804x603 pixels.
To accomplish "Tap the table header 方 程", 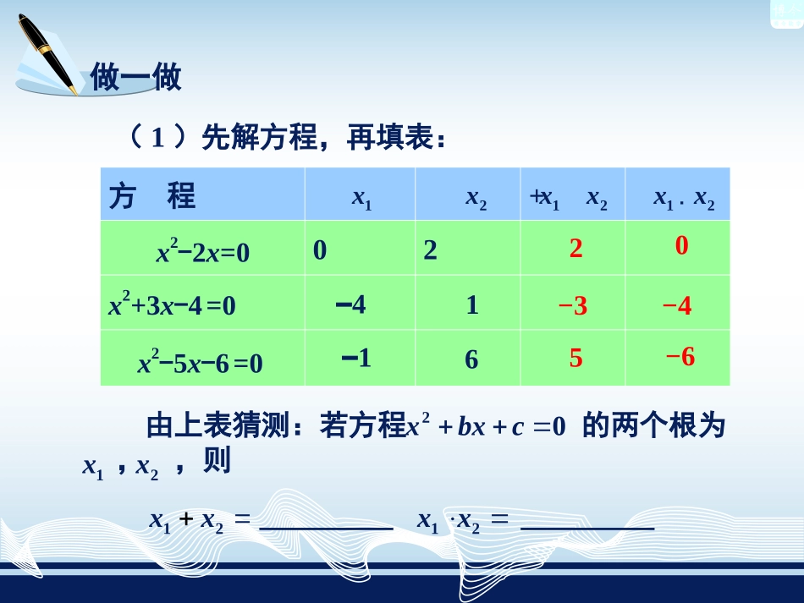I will coord(152,196).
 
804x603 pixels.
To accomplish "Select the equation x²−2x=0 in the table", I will coord(203,252).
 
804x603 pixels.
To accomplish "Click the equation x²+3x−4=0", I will coord(172,305).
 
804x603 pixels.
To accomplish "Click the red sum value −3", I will coord(573,306).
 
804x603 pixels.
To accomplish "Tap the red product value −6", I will coord(680,357).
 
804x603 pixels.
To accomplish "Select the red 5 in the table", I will coord(575,359).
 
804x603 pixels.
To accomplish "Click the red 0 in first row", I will coord(682,246).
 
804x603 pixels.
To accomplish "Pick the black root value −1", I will coord(356,359).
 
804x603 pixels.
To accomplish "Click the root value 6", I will coord(471,360).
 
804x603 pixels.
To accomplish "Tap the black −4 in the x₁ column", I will coord(350,304).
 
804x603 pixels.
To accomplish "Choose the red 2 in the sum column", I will coord(575,249).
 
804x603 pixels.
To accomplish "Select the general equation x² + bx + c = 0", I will coord(486,426).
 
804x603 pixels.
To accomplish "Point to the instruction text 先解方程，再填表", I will coord(322,137).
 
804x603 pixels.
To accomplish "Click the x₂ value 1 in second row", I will coord(472,305).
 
